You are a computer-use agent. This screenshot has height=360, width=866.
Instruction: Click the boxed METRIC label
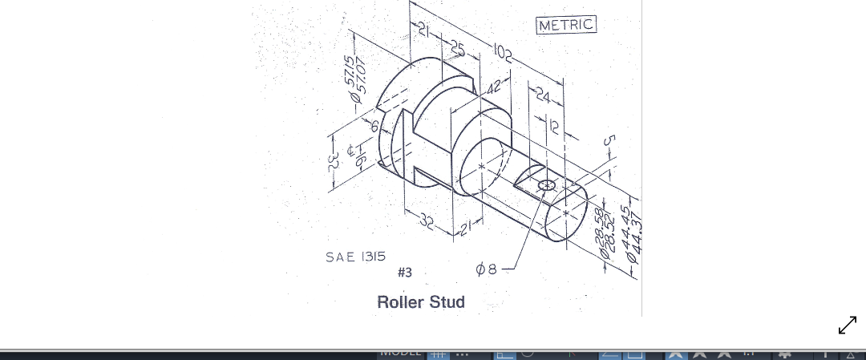pyautogui.click(x=566, y=25)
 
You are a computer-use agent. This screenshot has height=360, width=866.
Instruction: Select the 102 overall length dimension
pyautogui.click(x=504, y=55)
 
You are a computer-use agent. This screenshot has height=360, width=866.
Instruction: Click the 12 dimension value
pyautogui.click(x=553, y=125)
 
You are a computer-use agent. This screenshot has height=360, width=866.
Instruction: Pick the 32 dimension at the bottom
pyautogui.click(x=427, y=224)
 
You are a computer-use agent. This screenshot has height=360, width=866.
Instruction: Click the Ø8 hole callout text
pyautogui.click(x=487, y=271)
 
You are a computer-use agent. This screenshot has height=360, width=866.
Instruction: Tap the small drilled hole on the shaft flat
pyautogui.click(x=547, y=185)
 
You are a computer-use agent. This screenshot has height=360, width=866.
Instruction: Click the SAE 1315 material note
pyautogui.click(x=355, y=257)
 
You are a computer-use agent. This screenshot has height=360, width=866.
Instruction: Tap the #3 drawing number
pyautogui.click(x=405, y=273)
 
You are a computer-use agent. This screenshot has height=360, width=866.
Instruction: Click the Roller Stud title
pyautogui.click(x=421, y=302)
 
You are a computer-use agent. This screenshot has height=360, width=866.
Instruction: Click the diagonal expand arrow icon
pyautogui.click(x=847, y=325)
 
